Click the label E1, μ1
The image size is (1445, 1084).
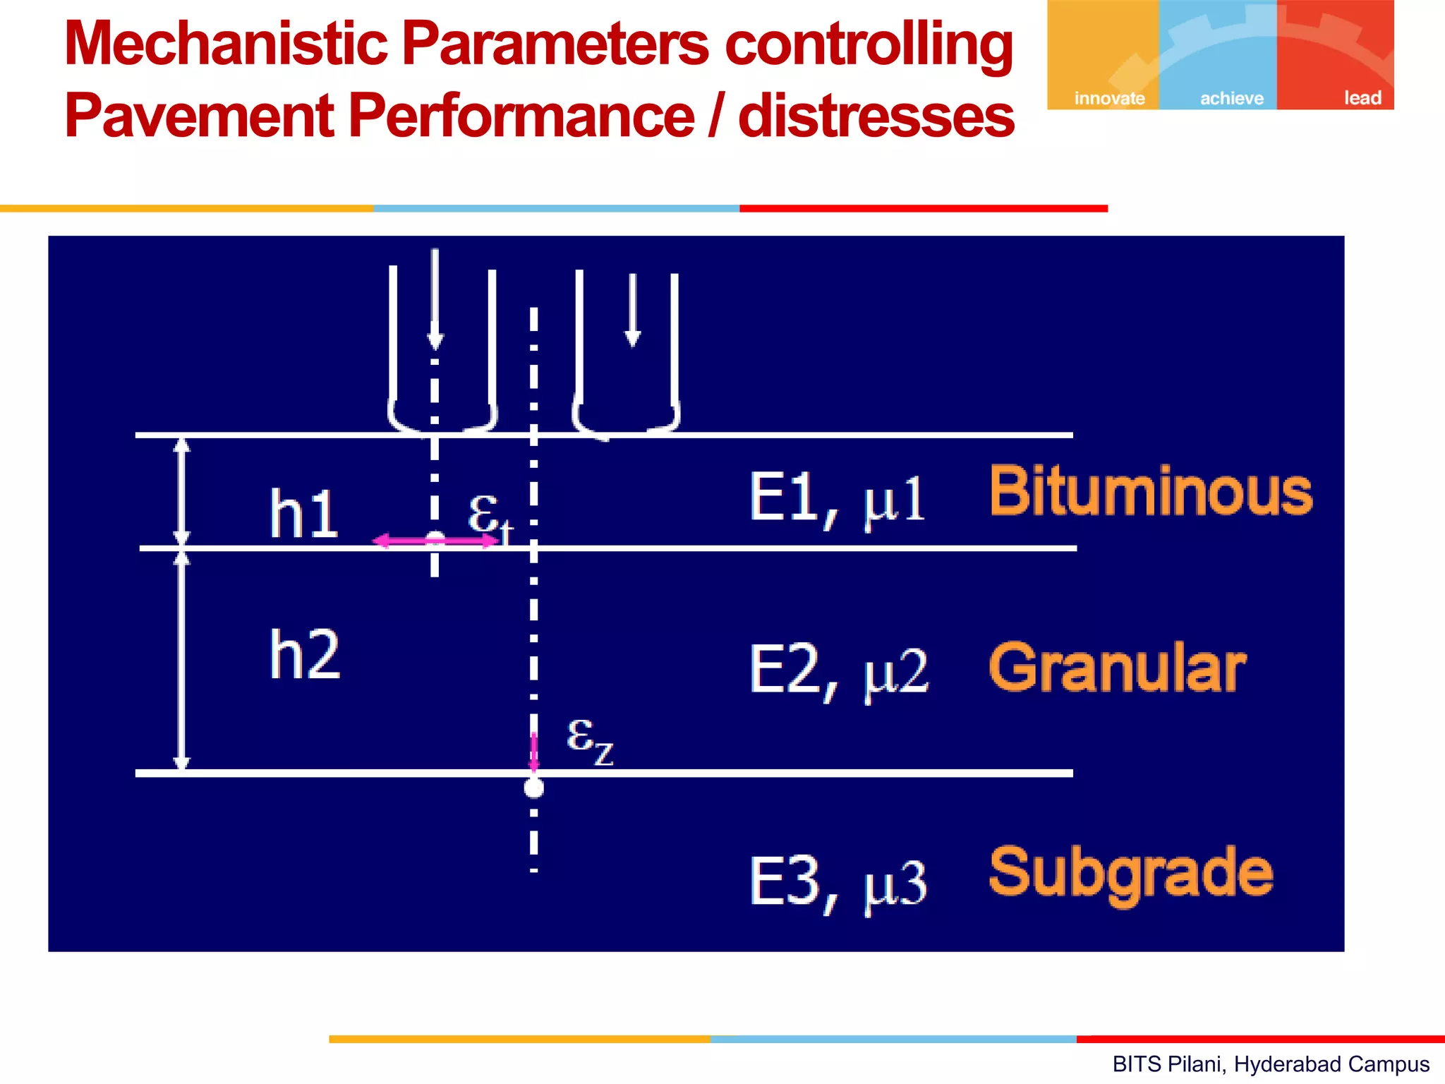tap(837, 500)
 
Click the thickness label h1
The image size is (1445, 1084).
tap(303, 514)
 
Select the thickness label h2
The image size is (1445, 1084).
tap(305, 655)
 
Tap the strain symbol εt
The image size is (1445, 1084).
tap(490, 515)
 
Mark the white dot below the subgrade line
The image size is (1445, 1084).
tap(534, 788)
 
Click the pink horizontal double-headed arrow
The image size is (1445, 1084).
tap(436, 541)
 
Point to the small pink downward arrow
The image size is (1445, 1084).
tap(534, 752)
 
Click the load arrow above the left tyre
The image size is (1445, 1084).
tap(435, 299)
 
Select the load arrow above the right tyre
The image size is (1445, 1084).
tap(633, 311)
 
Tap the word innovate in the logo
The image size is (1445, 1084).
tap(1109, 98)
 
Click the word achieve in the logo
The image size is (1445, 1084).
tap(1232, 98)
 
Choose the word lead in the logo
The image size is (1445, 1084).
tap(1362, 98)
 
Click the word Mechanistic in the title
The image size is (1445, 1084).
tap(226, 44)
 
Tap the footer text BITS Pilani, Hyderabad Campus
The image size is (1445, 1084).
tap(1271, 1064)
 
